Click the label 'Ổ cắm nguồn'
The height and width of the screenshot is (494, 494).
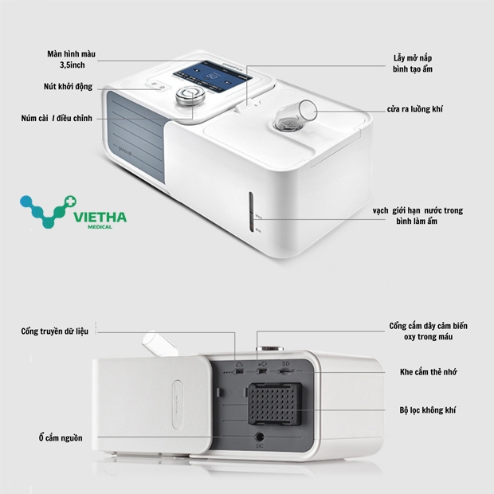coord(61,437)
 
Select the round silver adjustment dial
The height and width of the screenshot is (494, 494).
coord(189,97)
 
